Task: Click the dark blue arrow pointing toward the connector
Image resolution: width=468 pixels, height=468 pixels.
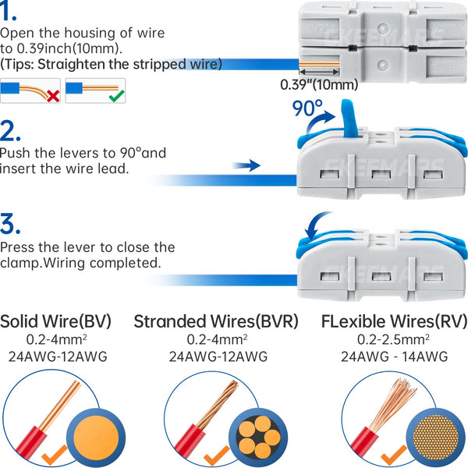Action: pos(246,165)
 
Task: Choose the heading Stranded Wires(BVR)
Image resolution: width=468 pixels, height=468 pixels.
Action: pos(216,321)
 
